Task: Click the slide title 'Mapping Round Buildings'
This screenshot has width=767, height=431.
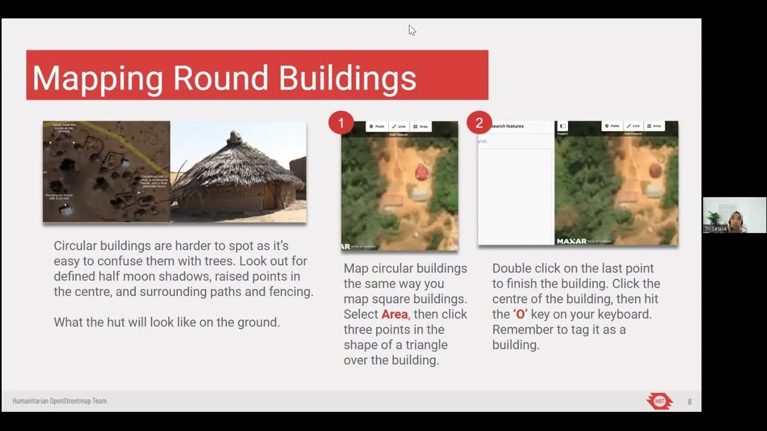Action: tap(224, 78)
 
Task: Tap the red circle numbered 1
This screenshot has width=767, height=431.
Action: tap(341, 123)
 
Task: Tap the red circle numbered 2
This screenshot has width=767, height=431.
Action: tap(479, 123)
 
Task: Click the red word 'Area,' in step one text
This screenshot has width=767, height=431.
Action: tap(395, 314)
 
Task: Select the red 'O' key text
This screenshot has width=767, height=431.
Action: tap(520, 314)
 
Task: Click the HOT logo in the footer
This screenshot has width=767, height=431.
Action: tap(660, 401)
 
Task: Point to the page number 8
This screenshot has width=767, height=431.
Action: tap(690, 402)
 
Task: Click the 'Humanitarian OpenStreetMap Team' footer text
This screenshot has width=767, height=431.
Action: tap(60, 401)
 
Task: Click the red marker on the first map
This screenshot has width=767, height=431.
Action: tap(422, 172)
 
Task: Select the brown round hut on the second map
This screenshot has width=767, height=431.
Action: tap(655, 171)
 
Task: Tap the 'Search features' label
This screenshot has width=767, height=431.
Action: tap(507, 126)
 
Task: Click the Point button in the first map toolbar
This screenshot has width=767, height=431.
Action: tap(377, 126)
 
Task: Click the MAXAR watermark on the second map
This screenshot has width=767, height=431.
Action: tap(572, 241)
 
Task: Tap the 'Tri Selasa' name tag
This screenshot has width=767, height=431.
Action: tap(715, 229)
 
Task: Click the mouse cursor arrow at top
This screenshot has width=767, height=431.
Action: tap(412, 30)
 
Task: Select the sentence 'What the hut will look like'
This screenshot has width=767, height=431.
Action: tap(167, 322)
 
